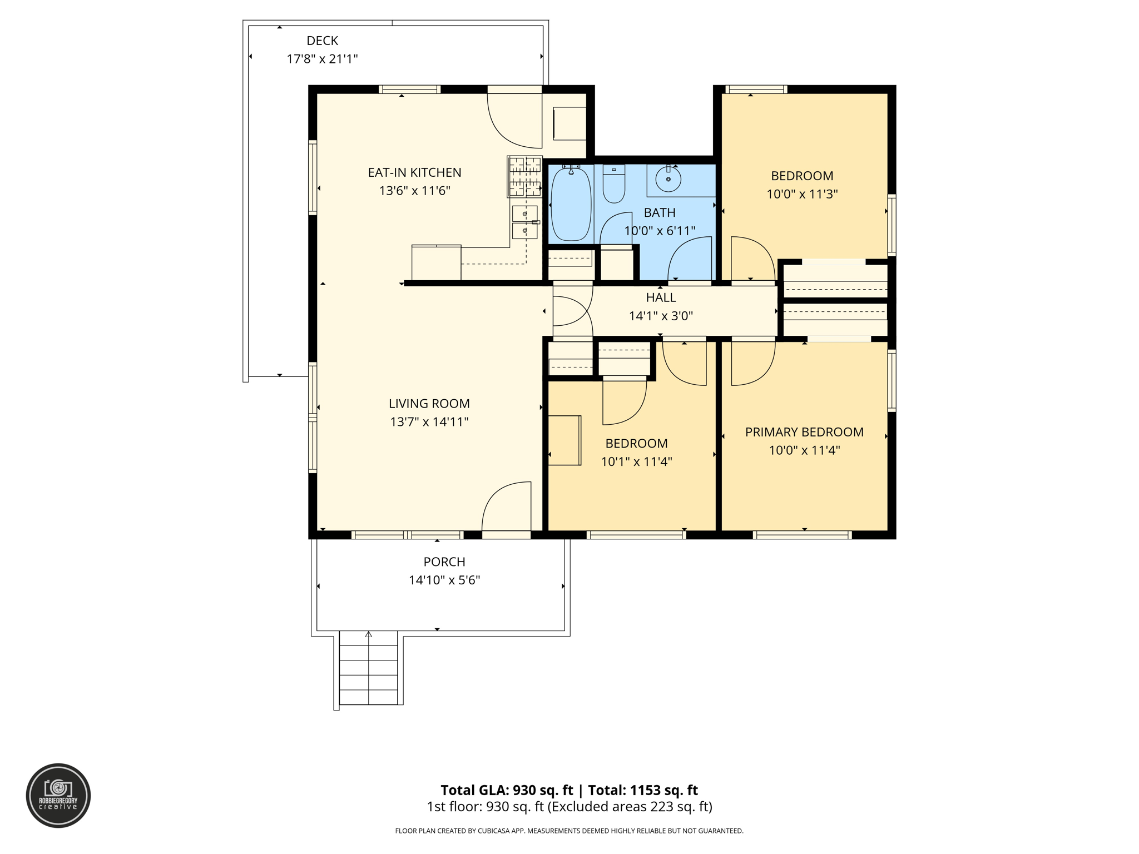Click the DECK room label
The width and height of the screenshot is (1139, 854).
point(322,41)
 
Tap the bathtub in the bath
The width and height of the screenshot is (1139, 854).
point(571,204)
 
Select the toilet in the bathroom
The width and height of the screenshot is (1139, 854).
point(614,183)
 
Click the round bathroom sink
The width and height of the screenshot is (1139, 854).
point(668,180)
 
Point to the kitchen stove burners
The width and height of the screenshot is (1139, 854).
point(524,177)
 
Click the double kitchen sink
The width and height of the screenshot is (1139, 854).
point(524,222)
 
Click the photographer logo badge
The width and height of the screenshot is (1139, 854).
point(58,795)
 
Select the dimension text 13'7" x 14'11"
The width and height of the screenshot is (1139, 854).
point(429,422)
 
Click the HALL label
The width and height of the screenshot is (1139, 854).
point(661,298)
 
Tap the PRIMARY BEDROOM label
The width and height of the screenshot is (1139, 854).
point(804,432)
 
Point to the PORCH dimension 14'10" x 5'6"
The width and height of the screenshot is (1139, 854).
point(444,580)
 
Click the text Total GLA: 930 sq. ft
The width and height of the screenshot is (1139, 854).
point(506,790)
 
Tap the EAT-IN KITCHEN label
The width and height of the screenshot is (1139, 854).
point(414,172)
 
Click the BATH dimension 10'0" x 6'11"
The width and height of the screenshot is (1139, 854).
point(660,231)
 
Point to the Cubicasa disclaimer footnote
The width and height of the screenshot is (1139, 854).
point(569,831)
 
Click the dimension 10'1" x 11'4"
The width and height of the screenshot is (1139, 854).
point(636,462)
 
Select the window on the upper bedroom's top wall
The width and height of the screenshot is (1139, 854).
point(756,89)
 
